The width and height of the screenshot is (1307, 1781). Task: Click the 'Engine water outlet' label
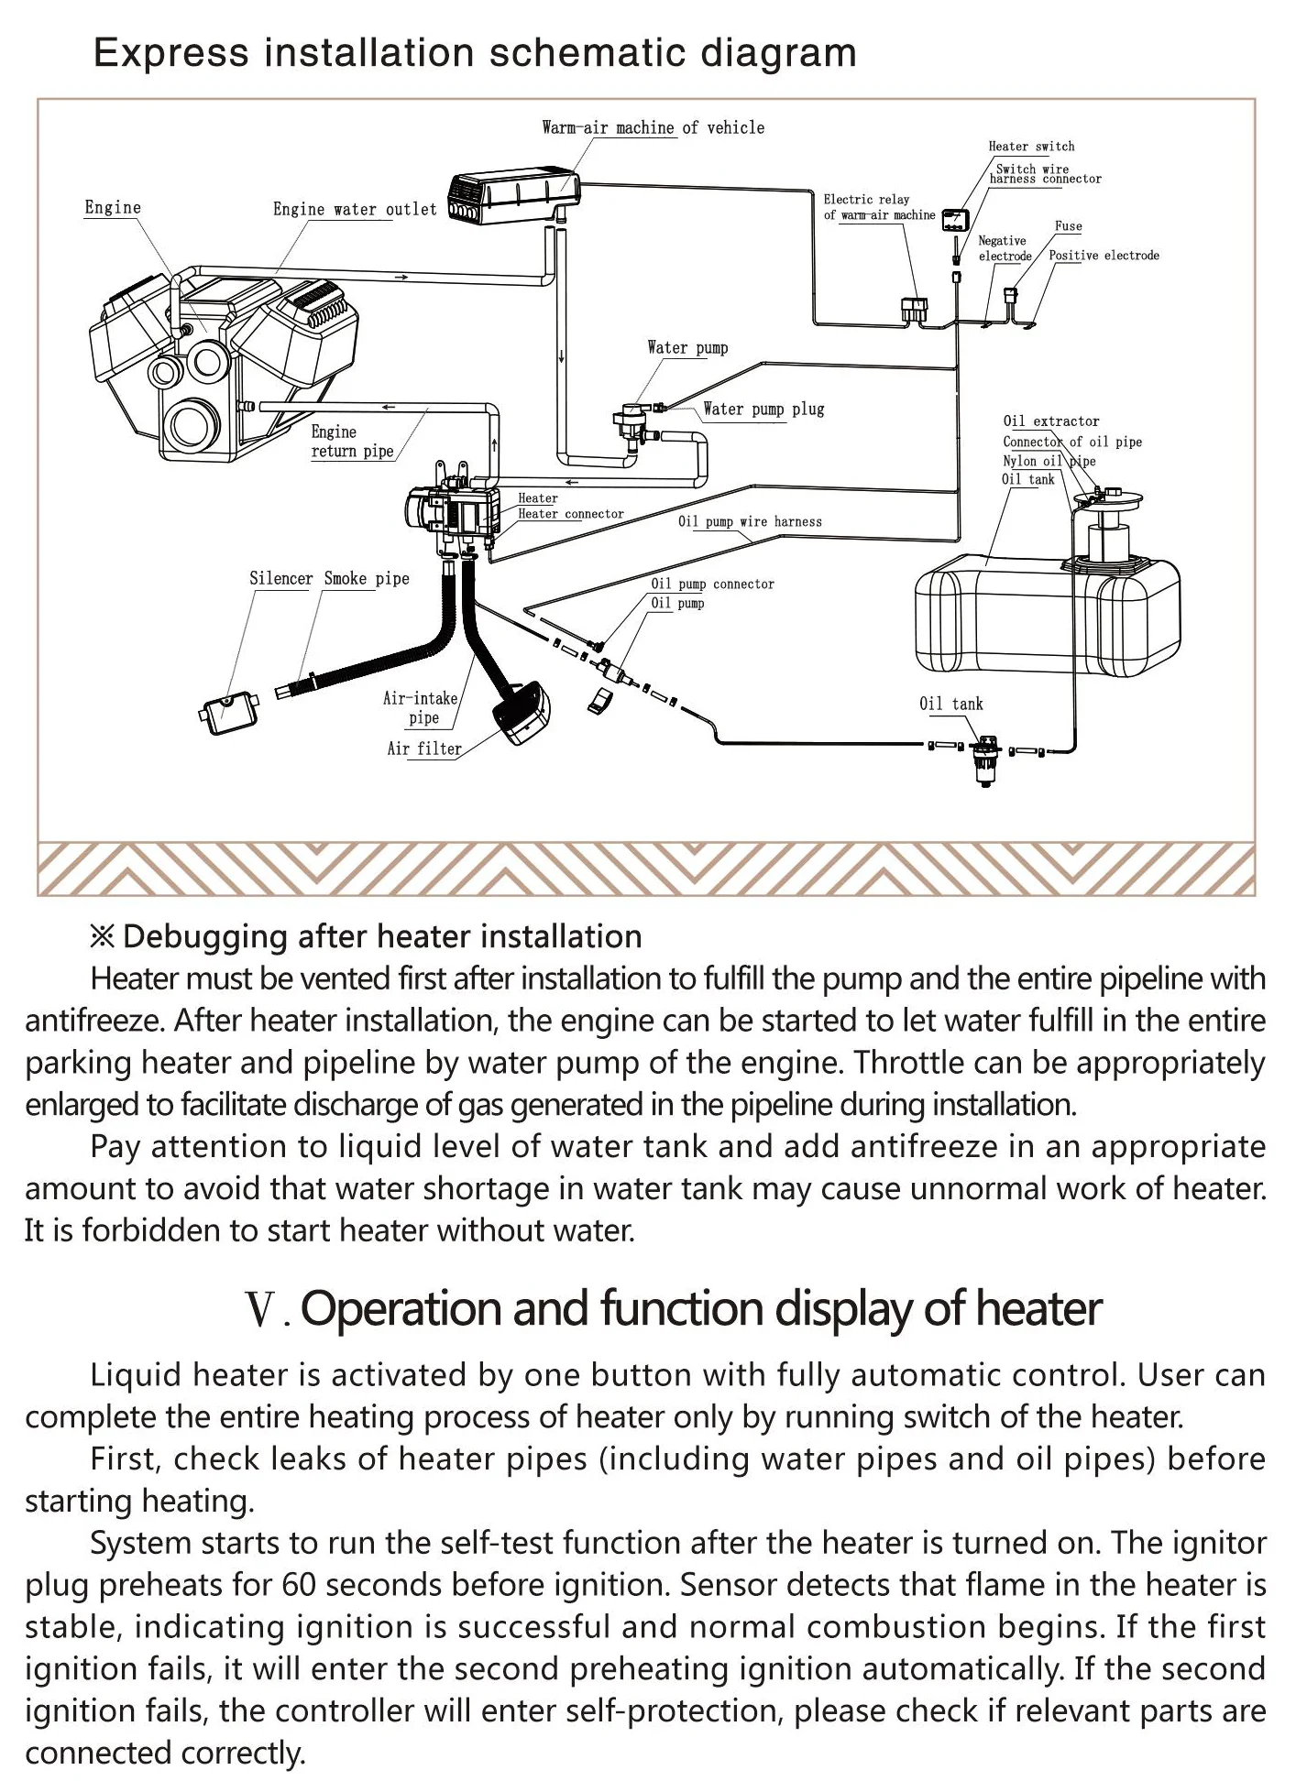355,210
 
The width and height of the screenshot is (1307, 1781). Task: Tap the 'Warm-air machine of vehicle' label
653,128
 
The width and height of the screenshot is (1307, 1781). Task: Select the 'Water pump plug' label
763,410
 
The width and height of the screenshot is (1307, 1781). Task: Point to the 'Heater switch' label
1031,147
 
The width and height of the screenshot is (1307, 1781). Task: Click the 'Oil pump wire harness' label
750,522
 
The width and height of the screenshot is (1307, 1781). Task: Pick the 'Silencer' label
280,579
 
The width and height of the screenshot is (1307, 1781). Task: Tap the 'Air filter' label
424,749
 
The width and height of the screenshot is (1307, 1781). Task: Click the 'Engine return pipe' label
352,442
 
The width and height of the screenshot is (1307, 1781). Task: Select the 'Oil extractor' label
1051,421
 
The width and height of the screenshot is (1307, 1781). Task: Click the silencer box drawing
228,710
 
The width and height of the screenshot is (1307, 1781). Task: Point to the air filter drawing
522,711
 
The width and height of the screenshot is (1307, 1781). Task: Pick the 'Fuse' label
1068,226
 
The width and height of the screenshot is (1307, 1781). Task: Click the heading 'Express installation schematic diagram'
475,53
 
